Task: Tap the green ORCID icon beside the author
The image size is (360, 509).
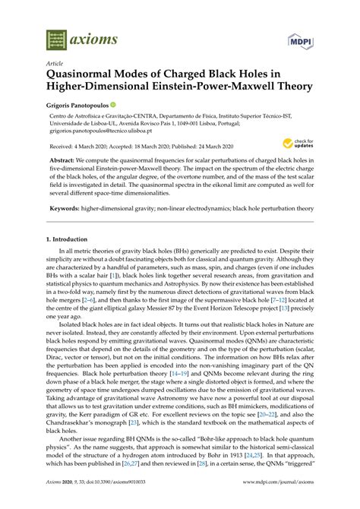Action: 134,104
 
